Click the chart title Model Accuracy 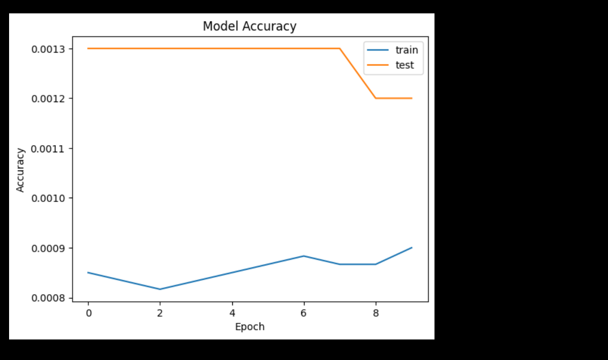250,26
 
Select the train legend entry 406,50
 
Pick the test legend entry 404,65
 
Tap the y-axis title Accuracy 20,170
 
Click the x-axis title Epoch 250,327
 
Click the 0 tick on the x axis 88,313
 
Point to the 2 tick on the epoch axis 160,313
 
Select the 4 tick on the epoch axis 232,313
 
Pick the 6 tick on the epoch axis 304,313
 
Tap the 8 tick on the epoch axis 376,313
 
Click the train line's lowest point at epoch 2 160,289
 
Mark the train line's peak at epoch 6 304,256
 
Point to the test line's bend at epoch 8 376,98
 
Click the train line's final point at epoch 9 412,247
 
